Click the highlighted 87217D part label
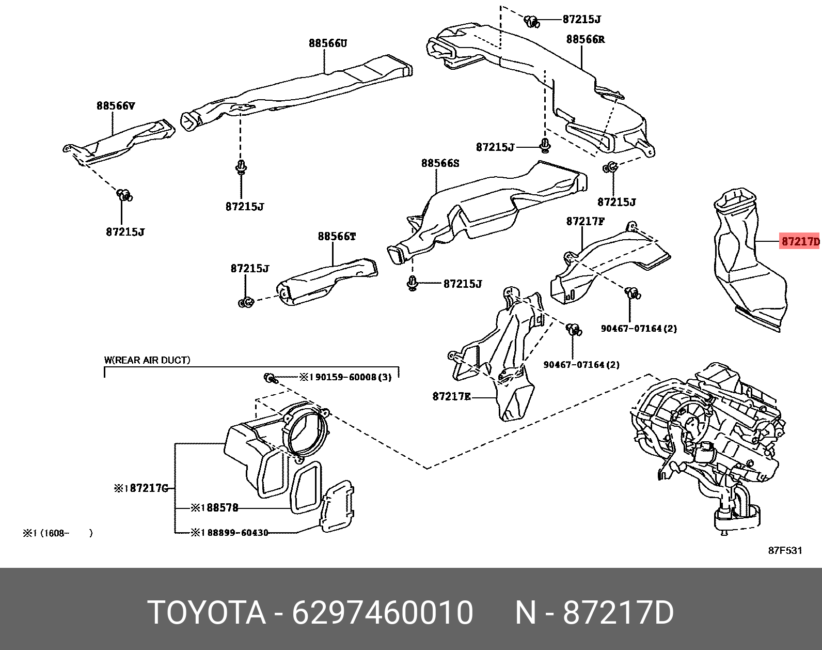pyautogui.click(x=799, y=241)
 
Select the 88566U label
pyautogui.click(x=328, y=43)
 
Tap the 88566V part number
pyautogui.click(x=116, y=106)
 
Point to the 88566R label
pyautogui.click(x=585, y=39)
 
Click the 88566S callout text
pyautogui.click(x=440, y=163)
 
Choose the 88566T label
pyautogui.click(x=337, y=237)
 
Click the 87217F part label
pyautogui.click(x=585, y=221)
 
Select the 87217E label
pyautogui.click(x=451, y=396)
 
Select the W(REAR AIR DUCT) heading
pyautogui.click(x=147, y=360)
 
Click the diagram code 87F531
pyautogui.click(x=785, y=550)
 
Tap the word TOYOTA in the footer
pyautogui.click(x=207, y=613)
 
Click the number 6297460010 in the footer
pyautogui.click(x=383, y=613)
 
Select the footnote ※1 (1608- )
pyautogui.click(x=57, y=533)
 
